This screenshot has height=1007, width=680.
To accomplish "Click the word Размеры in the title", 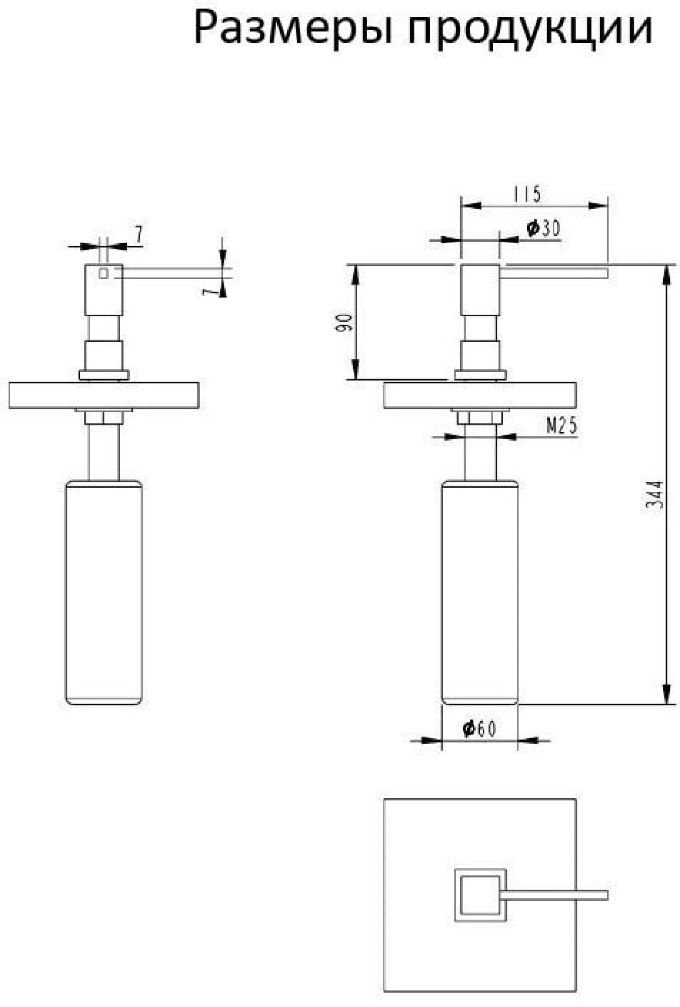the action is tap(293, 29).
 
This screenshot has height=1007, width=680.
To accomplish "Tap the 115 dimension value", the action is tap(528, 194).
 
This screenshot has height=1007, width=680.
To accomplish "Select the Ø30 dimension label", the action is tap(543, 229).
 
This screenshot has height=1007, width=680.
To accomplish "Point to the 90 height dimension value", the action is tap(344, 322).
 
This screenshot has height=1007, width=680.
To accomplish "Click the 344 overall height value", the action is tap(654, 495).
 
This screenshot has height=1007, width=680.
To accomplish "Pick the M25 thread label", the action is tap(562, 426).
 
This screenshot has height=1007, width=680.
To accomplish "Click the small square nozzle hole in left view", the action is tap(103, 273).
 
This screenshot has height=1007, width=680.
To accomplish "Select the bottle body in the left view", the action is tap(104, 592).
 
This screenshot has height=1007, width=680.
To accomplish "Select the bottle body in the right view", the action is tap(480, 592).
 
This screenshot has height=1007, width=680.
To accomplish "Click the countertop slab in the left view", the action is tap(104, 396).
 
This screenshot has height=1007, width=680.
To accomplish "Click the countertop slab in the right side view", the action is tap(480, 396).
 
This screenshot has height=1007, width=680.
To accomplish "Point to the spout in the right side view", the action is tap(554, 273).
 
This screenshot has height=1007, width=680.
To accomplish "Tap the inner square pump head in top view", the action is tap(480, 895).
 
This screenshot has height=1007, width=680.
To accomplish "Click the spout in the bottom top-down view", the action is tap(554, 895).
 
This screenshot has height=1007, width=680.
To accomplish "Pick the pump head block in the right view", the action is tap(480, 290).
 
